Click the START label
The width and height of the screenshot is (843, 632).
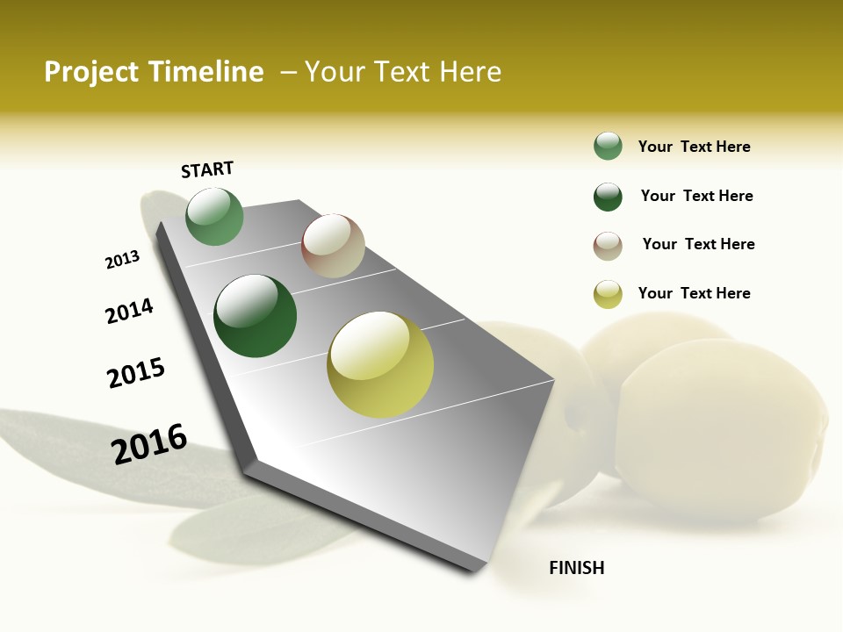pos(207,169)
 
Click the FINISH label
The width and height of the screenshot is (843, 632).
pos(577,568)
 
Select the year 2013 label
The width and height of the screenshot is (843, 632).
pos(122,260)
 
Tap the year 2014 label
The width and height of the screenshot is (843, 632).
pos(129,311)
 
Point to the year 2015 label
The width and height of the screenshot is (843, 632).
pos(136,373)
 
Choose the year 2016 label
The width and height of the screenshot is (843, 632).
pos(149,444)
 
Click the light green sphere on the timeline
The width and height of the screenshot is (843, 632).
pos(214,216)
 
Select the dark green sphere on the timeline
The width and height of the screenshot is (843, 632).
pos(256,316)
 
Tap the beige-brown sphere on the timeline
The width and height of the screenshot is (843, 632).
pos(333,246)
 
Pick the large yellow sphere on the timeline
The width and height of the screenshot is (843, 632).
pos(380,363)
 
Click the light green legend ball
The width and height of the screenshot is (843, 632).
pos(608,146)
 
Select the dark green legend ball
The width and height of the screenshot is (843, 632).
pos(608,197)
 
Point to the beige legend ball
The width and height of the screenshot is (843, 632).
pos(608,246)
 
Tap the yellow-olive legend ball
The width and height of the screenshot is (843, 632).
pos(608,294)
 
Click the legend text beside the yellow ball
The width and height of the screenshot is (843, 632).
pos(694,293)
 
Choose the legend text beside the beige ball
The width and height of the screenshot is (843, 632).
pos(698,244)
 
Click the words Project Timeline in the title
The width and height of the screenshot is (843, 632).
pos(154,72)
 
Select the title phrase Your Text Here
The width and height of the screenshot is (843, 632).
pos(403,72)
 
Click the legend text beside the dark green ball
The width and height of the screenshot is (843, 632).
pos(696,196)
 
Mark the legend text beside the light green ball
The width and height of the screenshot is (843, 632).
pos(694,147)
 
